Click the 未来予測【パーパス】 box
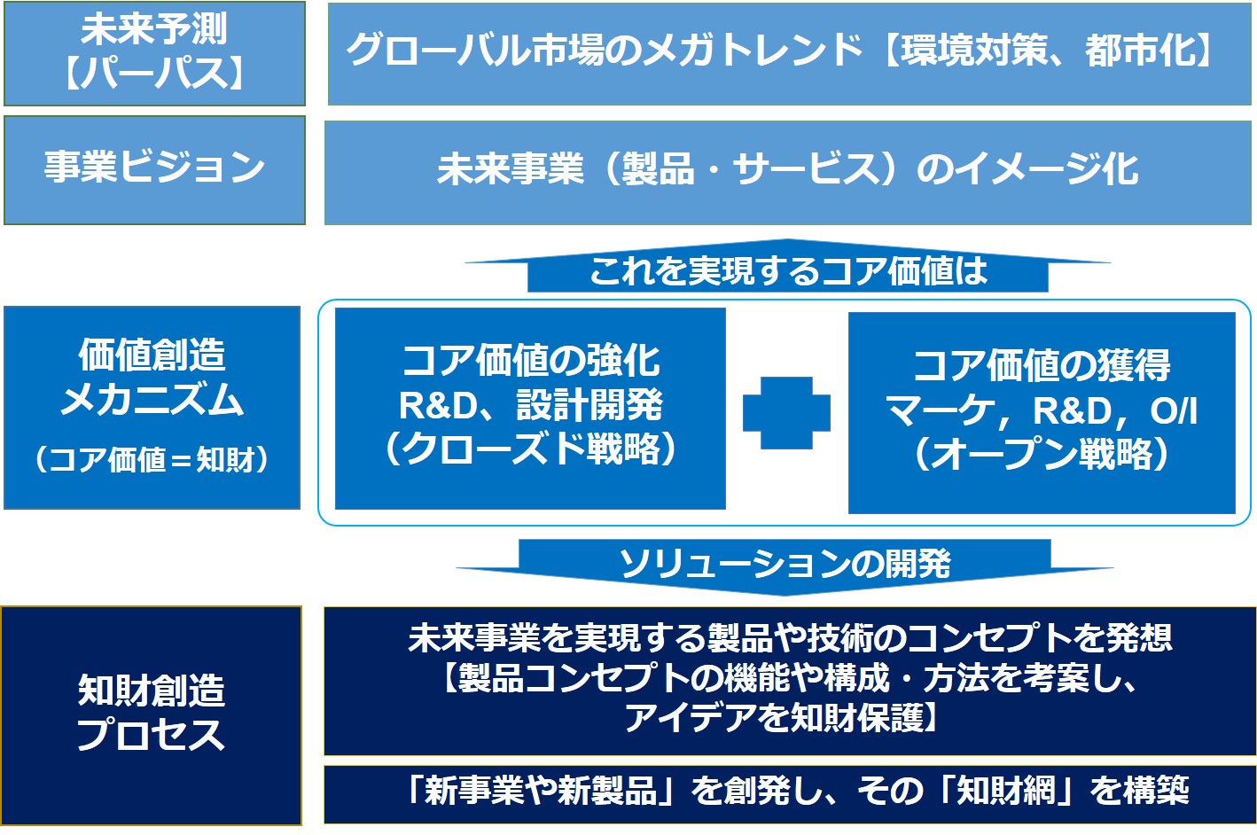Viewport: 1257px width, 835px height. [154, 53]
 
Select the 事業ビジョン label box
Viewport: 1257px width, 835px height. [154, 170]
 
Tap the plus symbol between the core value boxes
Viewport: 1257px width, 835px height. [786, 413]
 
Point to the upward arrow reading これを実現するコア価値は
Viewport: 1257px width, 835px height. [787, 266]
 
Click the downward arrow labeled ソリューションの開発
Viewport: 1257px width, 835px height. [785, 566]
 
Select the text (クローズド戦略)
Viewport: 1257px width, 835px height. [530, 449]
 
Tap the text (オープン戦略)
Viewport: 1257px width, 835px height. [1042, 454]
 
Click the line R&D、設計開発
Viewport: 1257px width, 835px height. [530, 405]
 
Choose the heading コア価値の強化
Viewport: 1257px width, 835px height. [530, 360]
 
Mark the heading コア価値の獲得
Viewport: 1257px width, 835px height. [1042, 365]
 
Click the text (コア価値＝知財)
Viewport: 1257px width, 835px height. [152, 459]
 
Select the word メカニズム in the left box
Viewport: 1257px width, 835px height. [152, 400]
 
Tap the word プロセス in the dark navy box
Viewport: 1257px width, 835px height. [151, 734]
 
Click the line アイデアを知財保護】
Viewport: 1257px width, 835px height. [780, 718]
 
